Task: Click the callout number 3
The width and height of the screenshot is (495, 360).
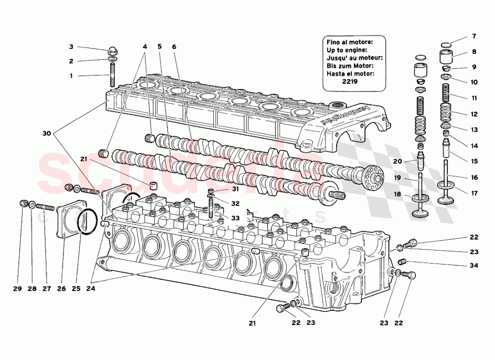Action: pos(71,47)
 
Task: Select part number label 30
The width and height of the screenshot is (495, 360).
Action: pos(47,134)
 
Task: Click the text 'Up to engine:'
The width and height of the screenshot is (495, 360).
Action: pos(346,50)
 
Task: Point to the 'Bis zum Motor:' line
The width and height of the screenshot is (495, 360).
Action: pos(350,66)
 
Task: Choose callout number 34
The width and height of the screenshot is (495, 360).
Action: pos(474,266)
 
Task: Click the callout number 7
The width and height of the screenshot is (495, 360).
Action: pos(474,36)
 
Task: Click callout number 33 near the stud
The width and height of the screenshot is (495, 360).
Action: pos(235,218)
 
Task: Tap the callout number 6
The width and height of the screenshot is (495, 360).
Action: pos(174,47)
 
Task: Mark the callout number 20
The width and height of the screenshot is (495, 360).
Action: pos(397,161)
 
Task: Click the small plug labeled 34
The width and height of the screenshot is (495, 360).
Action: pos(402,261)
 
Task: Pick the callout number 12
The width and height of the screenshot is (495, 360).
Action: pos(474,114)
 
